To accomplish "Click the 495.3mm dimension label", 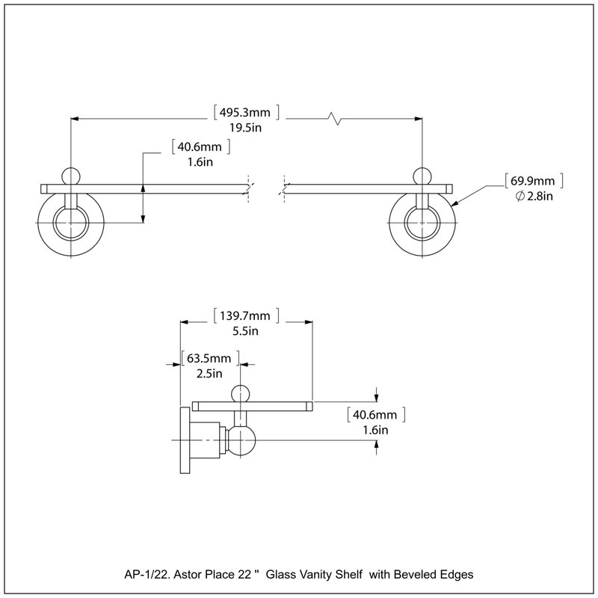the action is (x=245, y=113).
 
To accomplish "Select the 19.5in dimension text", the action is (x=245, y=128).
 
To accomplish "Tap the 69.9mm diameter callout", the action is (x=533, y=181).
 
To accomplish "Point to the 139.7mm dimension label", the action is (x=245, y=315).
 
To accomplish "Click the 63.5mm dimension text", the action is (x=210, y=359).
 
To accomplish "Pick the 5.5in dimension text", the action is (x=245, y=331).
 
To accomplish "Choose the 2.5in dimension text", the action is (x=209, y=374).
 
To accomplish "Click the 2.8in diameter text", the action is (x=534, y=197).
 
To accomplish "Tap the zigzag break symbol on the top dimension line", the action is (x=334, y=119).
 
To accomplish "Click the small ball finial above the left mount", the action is (x=71, y=176).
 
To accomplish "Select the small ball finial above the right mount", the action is (x=422, y=176).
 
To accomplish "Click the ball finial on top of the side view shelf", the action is (x=241, y=394).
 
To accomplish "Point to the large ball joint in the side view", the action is (x=241, y=440).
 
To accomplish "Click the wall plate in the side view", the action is (x=185, y=440).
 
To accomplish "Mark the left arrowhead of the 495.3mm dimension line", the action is (x=75, y=119).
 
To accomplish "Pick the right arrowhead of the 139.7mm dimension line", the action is (x=309, y=322).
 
